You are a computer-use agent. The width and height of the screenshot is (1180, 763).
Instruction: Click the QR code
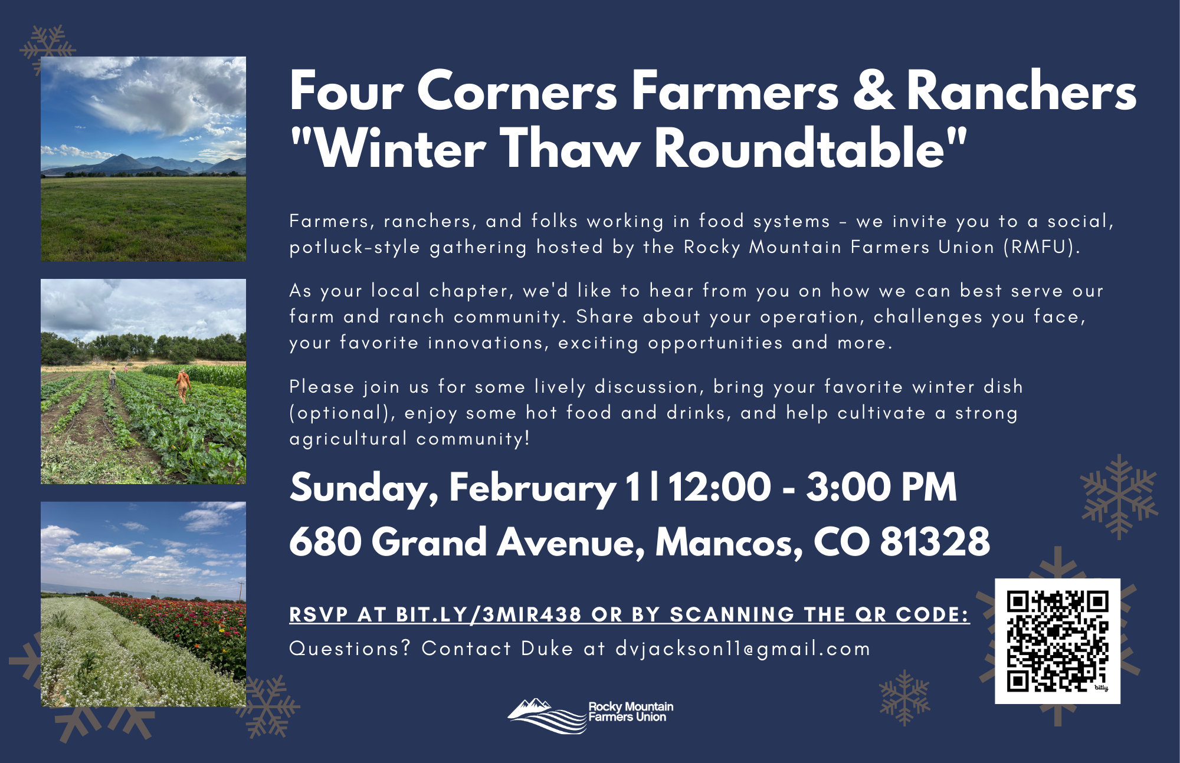1057,641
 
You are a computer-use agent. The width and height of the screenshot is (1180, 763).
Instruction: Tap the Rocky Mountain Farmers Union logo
590,715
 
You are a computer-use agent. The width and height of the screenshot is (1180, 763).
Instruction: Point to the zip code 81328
935,541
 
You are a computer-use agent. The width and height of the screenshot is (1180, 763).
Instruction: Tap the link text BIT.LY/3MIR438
489,614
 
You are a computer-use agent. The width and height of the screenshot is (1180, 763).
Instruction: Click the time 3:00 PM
881,487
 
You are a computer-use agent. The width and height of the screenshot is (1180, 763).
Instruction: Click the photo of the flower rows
143,604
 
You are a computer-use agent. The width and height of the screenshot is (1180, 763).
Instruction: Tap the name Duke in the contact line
547,649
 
